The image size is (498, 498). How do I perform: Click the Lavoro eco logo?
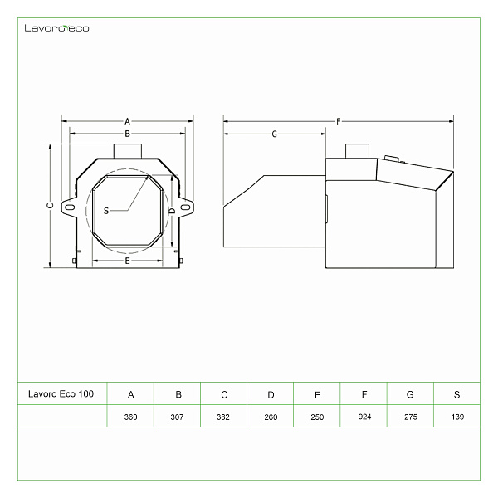(56, 28)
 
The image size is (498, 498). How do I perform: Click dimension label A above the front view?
(127, 121)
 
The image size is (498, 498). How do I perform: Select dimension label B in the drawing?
(127, 134)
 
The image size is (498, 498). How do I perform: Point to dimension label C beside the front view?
(50, 206)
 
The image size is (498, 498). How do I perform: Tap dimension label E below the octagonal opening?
(127, 261)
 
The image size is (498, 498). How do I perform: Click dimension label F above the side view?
(339, 121)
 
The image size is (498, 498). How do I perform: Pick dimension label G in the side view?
(275, 134)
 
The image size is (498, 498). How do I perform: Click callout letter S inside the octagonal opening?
(106, 211)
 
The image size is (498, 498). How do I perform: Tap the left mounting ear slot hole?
(70, 207)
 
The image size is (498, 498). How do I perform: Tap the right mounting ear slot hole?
(185, 207)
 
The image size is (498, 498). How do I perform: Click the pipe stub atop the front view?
(128, 151)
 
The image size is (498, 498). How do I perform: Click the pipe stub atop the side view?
(357, 151)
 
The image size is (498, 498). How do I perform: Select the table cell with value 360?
(130, 417)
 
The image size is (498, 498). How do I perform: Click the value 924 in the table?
(364, 417)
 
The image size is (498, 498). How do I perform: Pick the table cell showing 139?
(457, 417)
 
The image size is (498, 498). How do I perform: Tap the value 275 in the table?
(411, 417)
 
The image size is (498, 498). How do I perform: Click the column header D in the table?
(271, 395)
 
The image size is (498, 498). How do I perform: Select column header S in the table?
(456, 395)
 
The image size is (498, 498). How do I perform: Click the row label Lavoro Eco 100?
(61, 393)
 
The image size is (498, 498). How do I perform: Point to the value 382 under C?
(223, 417)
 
